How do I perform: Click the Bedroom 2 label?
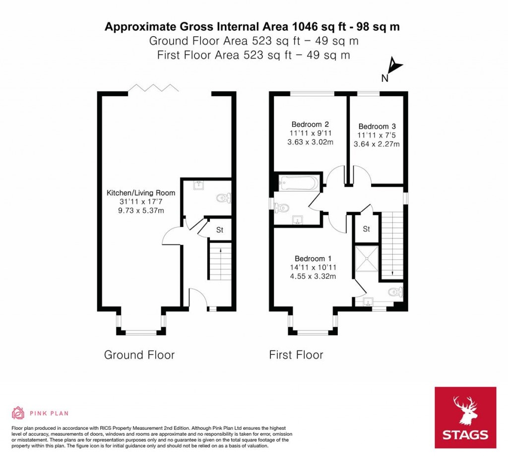310,124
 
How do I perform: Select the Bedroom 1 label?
313,259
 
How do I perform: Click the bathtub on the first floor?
298,183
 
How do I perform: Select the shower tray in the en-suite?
366,260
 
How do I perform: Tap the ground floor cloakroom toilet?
224,199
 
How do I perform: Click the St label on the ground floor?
219,230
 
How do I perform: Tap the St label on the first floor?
367,229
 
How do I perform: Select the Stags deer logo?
465,409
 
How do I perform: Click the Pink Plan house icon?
18,412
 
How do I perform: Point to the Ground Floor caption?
139,355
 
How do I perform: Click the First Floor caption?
296,355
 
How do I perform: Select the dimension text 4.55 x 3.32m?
313,276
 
